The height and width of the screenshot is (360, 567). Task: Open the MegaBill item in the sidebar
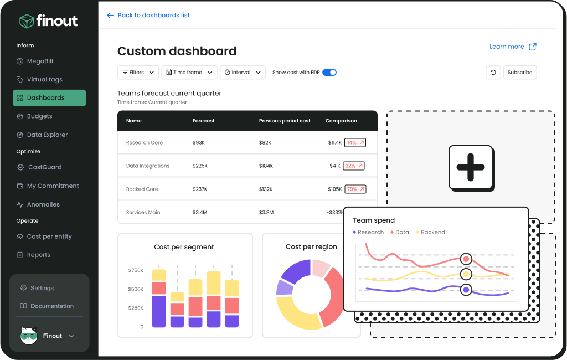40,61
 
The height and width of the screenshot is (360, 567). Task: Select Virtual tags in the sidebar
44,80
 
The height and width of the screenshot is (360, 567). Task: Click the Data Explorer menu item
47,135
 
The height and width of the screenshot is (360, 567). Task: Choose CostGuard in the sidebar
44,167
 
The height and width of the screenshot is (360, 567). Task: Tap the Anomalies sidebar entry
43,205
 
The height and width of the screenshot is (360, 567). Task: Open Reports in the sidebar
38,255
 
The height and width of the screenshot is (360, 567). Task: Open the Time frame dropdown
189,73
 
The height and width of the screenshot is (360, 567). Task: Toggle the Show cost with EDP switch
329,73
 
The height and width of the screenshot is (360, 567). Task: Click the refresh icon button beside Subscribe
493,73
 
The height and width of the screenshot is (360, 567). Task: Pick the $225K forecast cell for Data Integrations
200,166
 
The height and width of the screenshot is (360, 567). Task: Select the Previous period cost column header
285,121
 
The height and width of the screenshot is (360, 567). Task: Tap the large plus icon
471,167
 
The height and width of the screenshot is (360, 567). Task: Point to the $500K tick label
136,290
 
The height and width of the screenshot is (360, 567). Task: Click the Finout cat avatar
29,336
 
